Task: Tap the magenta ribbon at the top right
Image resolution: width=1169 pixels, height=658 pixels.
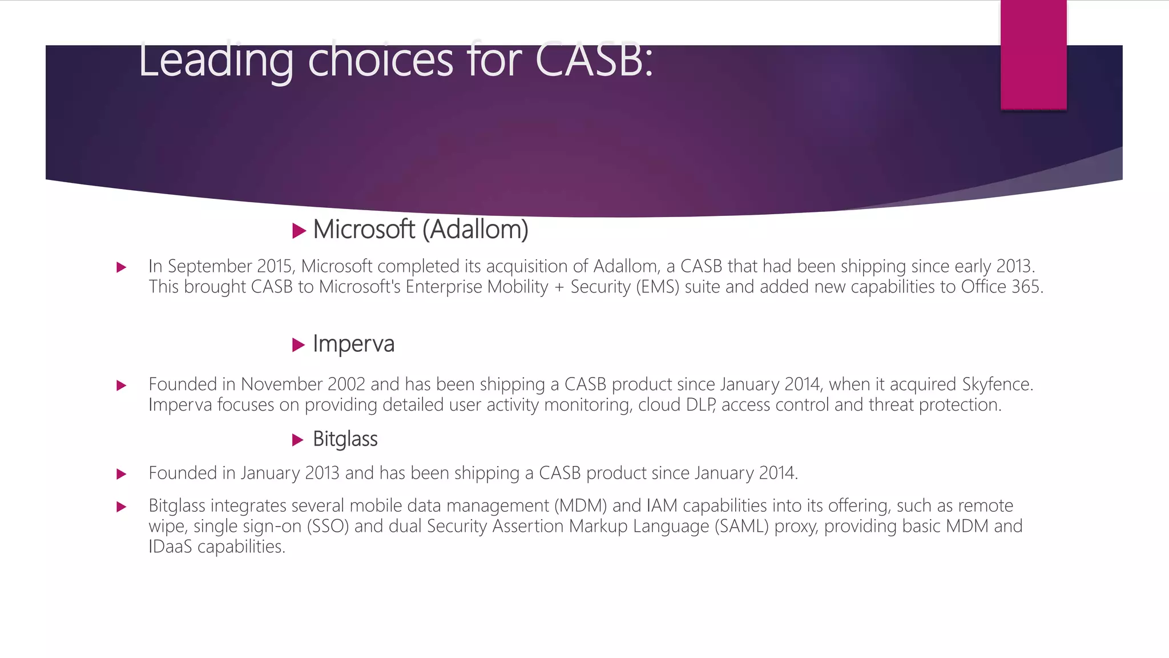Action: click(x=1033, y=54)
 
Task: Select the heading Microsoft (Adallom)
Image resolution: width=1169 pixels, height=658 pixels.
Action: click(x=421, y=230)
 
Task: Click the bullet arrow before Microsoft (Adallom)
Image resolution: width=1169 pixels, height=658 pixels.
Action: click(x=299, y=231)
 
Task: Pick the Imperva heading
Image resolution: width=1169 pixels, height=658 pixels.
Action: click(x=353, y=344)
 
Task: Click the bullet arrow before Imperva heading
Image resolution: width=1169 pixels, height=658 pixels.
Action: click(x=299, y=345)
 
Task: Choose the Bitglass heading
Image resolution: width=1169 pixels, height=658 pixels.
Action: click(x=345, y=439)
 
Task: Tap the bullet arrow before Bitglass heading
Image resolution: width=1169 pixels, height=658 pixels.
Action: click(x=298, y=440)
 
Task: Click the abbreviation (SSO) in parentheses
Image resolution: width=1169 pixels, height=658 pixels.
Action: click(x=328, y=526)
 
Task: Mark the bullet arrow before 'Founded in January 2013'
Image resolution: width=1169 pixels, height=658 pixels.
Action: click(x=121, y=474)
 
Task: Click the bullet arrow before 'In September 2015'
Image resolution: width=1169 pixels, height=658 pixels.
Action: click(x=121, y=267)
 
